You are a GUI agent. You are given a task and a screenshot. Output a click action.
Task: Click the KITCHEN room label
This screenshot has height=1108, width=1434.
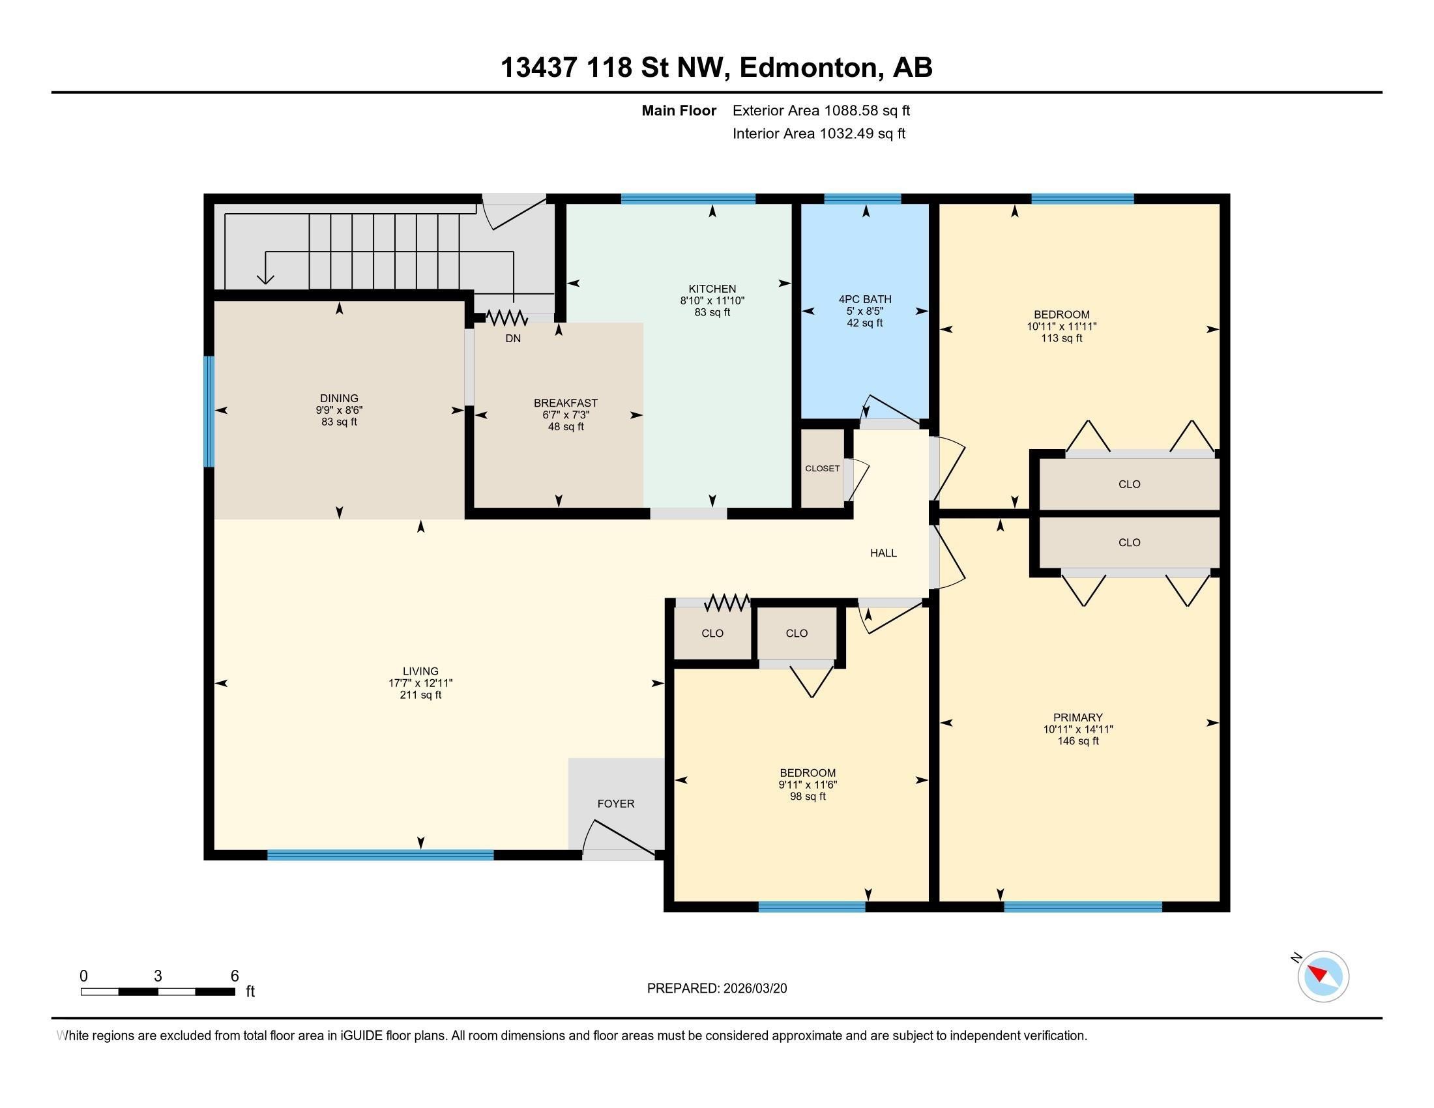(712, 289)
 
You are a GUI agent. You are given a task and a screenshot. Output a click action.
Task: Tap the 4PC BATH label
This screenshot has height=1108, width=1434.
(865, 299)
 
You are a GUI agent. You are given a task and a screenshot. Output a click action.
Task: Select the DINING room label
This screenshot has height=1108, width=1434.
(339, 398)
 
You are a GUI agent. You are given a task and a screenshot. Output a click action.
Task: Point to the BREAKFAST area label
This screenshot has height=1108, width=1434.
(565, 403)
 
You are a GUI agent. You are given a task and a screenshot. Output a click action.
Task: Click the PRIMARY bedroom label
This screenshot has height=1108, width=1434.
(1077, 718)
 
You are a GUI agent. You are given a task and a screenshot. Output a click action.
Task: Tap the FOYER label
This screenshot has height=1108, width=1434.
(615, 804)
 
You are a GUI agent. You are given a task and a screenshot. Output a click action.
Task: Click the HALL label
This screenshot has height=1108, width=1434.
(883, 553)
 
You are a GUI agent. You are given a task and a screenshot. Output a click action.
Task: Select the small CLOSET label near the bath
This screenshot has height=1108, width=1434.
(822, 469)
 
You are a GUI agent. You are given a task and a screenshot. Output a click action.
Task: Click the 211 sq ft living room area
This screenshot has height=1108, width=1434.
(420, 695)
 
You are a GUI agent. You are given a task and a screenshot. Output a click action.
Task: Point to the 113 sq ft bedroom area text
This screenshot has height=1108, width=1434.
(1061, 338)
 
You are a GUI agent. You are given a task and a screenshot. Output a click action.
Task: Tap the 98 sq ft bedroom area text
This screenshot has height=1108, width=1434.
(808, 796)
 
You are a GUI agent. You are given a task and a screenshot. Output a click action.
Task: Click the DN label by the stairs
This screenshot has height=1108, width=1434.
(513, 339)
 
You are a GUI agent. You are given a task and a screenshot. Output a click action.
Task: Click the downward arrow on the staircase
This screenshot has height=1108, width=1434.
(265, 277)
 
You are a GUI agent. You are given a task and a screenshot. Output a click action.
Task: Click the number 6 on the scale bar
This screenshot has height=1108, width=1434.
(235, 976)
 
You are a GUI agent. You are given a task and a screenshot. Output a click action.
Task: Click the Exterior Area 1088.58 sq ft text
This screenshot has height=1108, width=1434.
(821, 110)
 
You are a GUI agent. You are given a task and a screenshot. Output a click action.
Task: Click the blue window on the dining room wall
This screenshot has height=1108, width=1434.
(209, 411)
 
